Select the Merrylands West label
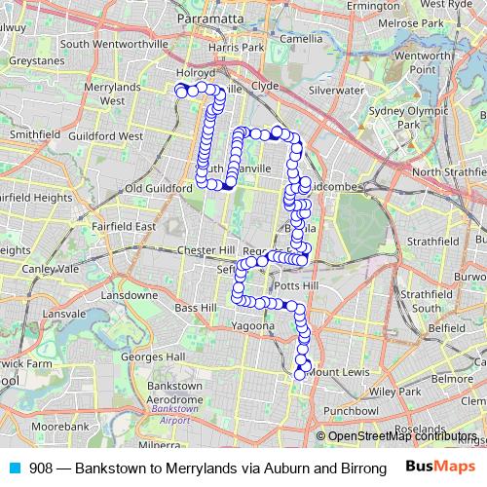pyautogui.click(x=125, y=93)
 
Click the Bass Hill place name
pyautogui.click(x=196, y=308)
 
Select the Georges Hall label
pyautogui.click(x=161, y=356)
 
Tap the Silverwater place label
pyautogui.click(x=336, y=90)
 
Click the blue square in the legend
pyautogui.click(x=13, y=468)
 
